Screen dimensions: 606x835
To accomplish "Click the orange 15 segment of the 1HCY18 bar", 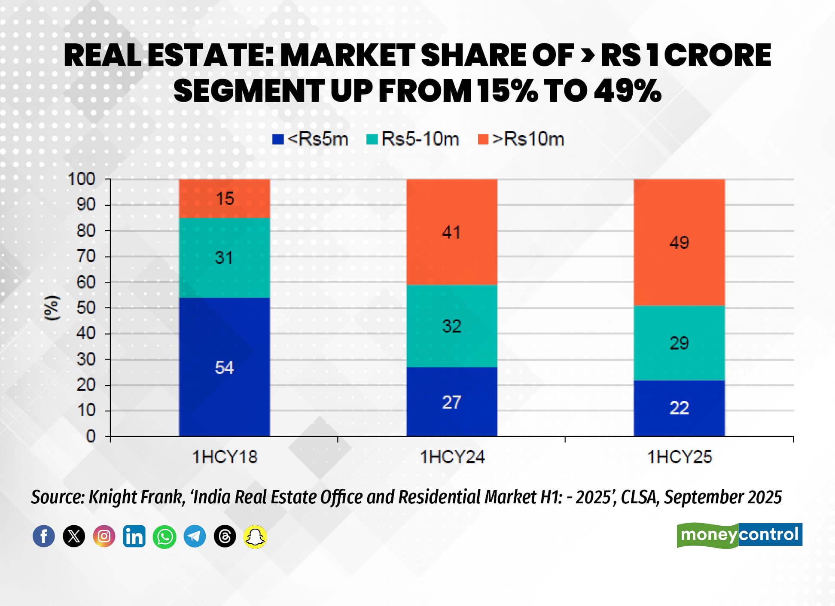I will pos(224,198).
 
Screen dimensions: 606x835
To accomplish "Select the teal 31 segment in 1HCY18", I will pos(224,258).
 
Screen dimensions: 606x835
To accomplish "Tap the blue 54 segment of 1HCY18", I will pos(224,367).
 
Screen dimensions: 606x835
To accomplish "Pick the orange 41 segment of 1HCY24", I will pos(451,232).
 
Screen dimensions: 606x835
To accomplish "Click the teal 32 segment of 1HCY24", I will pos(451,326).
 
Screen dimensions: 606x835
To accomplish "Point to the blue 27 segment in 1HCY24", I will pos(451,402).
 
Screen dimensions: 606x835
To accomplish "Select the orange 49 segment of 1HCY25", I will pos(679,243).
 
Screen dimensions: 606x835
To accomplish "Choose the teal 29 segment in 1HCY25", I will pos(679,343).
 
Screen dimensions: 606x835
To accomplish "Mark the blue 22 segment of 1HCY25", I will pos(679,408).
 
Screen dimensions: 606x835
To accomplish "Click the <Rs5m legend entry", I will pos(310,139).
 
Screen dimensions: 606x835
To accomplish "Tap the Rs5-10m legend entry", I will pos(413,139).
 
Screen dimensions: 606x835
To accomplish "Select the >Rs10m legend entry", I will pos(521,139).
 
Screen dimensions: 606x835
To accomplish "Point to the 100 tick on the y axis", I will pos(82,179).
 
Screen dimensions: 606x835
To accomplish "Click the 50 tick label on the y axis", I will pos(86,308).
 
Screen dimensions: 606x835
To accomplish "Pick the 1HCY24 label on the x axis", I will pos(452,457).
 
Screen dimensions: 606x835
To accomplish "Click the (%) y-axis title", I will pos(52,308).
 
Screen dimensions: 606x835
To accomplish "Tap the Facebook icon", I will pos(44,536).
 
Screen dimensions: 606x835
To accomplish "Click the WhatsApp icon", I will pos(165,536).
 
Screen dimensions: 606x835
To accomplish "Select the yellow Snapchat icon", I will pos(255,536).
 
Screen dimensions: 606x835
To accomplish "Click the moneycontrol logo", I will pos(739,535).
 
